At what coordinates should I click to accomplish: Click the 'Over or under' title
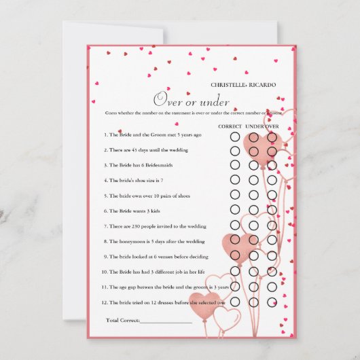tap(191, 100)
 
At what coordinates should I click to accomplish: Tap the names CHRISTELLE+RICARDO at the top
tap(244, 85)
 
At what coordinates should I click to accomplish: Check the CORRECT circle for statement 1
tap(235, 136)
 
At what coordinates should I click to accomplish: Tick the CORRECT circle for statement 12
tap(235, 301)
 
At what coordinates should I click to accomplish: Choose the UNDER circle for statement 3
tap(254, 164)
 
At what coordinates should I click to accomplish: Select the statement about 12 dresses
tap(165, 302)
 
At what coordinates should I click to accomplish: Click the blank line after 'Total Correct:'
tap(166, 321)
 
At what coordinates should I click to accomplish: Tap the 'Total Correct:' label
tap(122, 319)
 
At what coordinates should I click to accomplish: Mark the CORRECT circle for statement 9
tap(235, 255)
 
